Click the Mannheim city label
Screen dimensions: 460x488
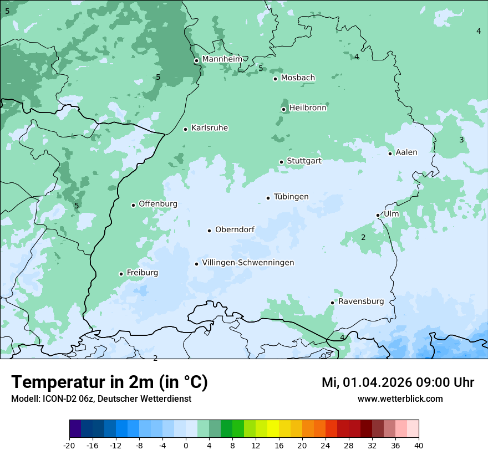click(222, 59)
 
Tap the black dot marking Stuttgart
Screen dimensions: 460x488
click(281, 162)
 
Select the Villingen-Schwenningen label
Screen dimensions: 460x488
click(248, 263)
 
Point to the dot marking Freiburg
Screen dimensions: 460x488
click(121, 274)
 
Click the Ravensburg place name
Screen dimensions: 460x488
click(361, 301)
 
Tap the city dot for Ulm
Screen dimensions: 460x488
click(378, 215)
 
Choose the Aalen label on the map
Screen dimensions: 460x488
click(406, 152)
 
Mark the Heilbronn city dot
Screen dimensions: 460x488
click(283, 109)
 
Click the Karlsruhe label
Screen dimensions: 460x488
click(210, 128)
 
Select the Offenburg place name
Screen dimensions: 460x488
click(158, 204)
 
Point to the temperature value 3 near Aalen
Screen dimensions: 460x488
click(461, 140)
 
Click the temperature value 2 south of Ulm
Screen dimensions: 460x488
click(363, 237)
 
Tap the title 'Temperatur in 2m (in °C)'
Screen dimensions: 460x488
click(109, 382)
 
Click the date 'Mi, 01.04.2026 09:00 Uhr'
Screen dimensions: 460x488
click(398, 382)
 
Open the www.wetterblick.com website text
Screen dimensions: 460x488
click(400, 398)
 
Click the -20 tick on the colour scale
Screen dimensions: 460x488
click(69, 445)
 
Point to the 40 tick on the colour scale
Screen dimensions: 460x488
click(419, 445)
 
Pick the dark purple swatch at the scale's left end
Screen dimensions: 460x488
click(75, 429)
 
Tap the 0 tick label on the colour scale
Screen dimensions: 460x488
click(186, 445)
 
